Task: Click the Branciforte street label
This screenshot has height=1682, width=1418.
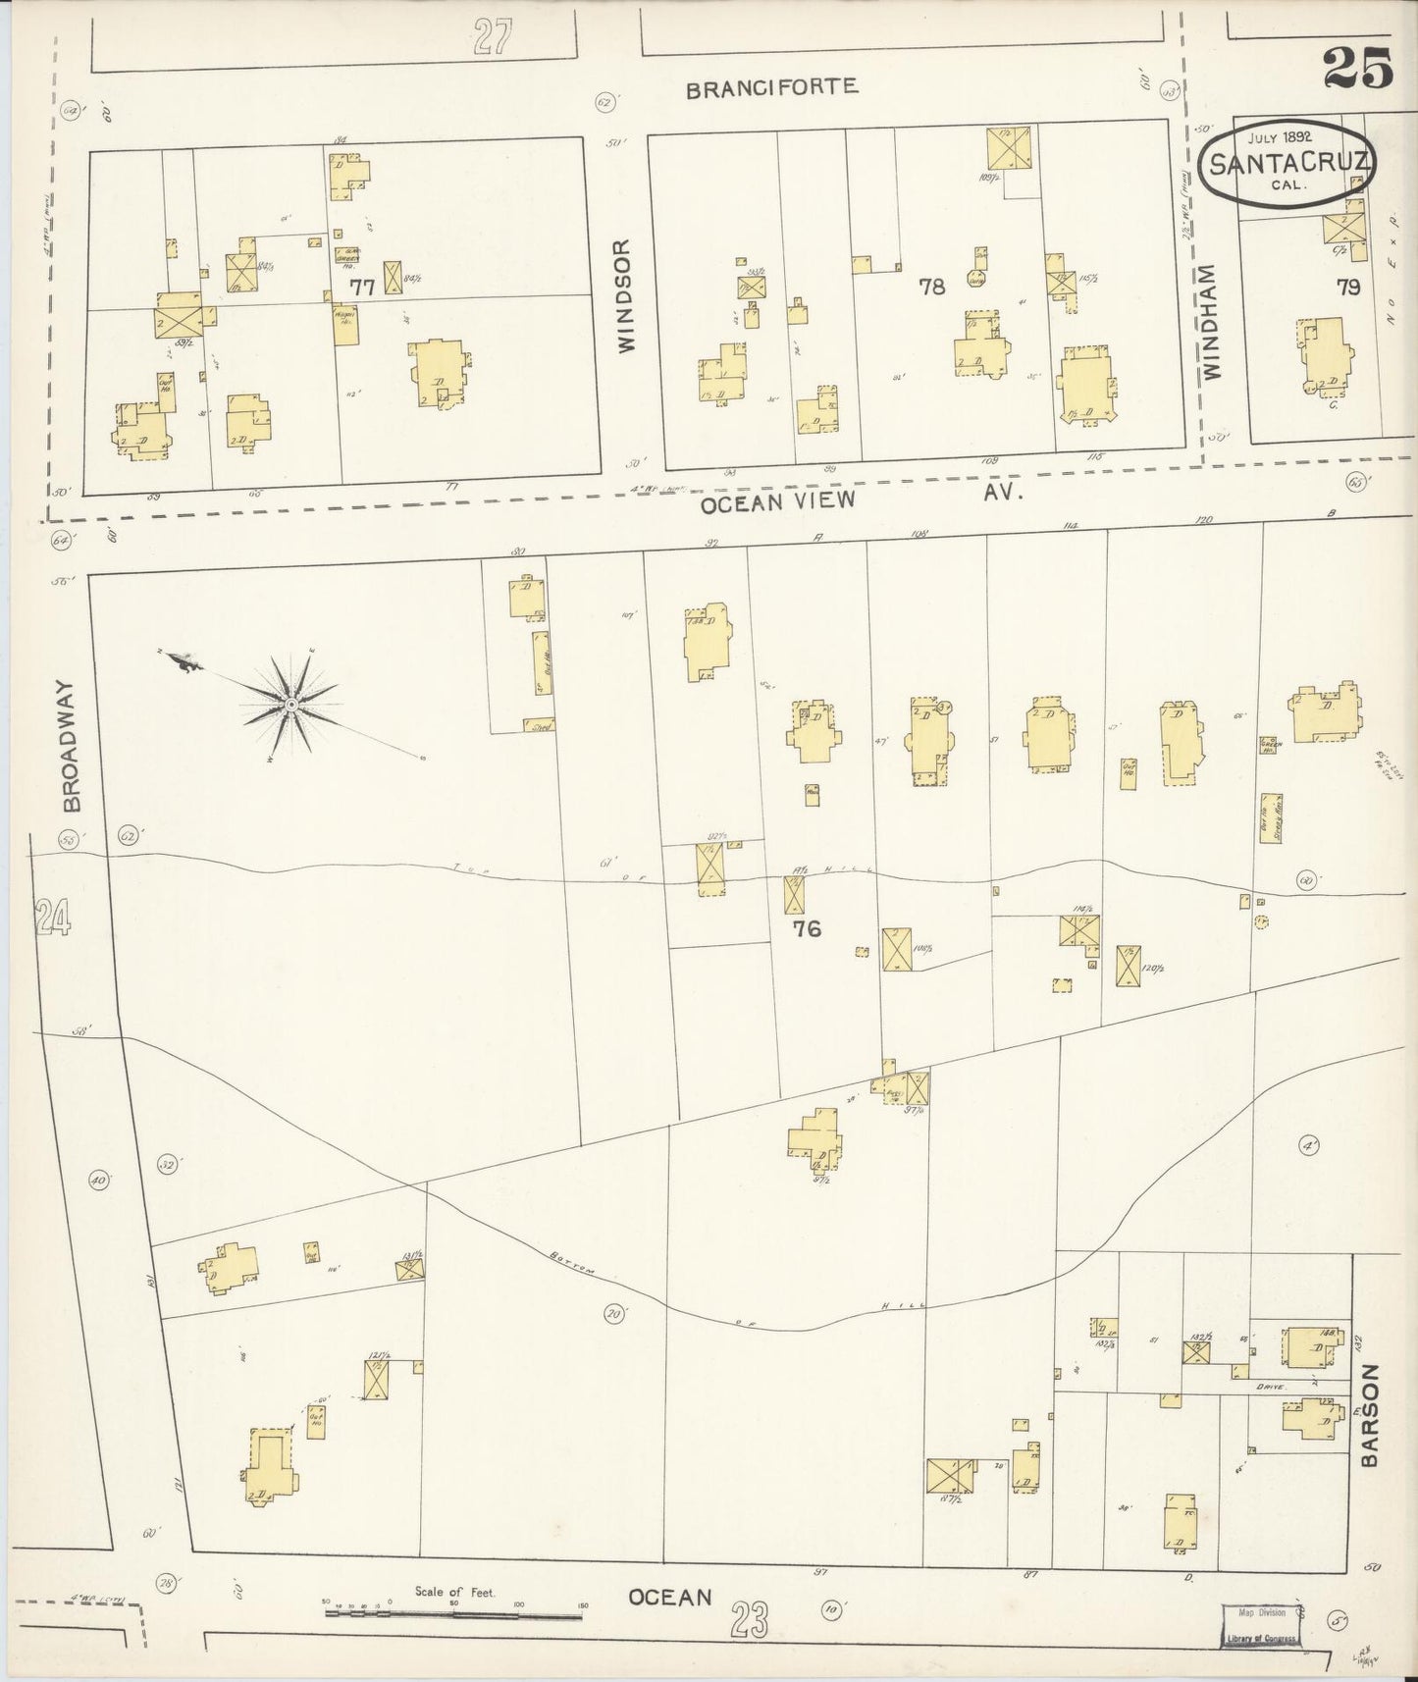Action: point(771,87)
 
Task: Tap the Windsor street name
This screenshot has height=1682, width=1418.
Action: point(627,295)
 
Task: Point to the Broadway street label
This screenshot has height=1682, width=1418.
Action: point(71,746)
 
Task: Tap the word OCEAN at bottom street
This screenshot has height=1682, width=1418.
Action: point(669,1597)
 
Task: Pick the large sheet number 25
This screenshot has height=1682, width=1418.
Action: point(1357,69)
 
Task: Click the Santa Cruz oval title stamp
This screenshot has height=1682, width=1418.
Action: point(1287,161)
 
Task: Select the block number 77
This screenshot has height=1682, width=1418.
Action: point(363,288)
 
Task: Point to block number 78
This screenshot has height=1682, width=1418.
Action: point(931,287)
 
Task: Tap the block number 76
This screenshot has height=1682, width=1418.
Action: point(807,928)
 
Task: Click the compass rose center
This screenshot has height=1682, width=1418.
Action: point(291,706)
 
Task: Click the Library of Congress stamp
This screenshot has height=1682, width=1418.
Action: point(1259,1623)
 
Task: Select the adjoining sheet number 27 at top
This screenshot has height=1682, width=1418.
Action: point(493,39)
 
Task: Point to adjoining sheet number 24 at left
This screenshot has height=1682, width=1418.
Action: point(52,919)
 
